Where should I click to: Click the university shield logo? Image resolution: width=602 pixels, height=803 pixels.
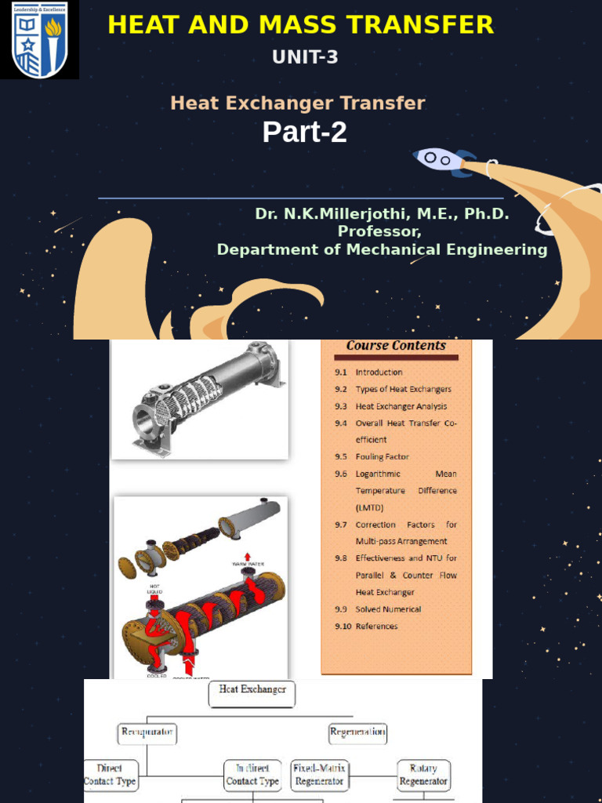(x=39, y=40)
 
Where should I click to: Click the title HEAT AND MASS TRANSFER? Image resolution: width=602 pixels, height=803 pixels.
(x=301, y=25)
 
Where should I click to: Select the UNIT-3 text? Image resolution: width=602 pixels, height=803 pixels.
(x=305, y=57)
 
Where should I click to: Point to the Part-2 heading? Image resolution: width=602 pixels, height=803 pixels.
(x=304, y=133)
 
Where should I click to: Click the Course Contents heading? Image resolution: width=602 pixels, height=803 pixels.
(x=396, y=346)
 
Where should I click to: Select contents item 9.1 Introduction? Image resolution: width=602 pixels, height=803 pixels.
(x=379, y=372)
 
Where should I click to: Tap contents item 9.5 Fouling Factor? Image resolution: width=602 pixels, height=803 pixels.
(x=382, y=457)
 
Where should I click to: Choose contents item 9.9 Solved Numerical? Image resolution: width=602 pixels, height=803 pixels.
(x=388, y=609)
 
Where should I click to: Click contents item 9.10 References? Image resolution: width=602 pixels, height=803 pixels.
(x=376, y=627)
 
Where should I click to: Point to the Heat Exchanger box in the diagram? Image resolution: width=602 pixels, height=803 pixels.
(x=252, y=693)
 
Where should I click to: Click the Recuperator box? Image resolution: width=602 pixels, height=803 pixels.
(x=147, y=733)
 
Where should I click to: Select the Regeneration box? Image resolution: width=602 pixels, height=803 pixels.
(x=357, y=733)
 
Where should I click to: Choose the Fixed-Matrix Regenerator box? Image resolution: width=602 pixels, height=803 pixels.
(x=319, y=775)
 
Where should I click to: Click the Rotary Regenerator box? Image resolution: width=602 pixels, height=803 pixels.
(x=423, y=775)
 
